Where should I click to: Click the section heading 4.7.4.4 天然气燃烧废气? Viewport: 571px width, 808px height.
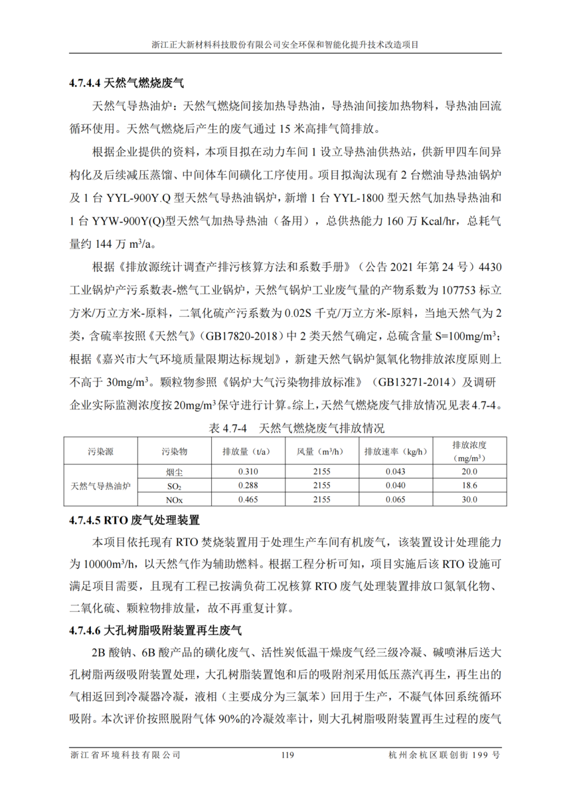(125, 84)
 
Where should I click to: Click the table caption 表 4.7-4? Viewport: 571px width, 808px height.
(285, 427)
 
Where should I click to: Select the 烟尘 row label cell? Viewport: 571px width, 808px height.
(174, 472)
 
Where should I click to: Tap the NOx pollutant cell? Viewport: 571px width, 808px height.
(174, 499)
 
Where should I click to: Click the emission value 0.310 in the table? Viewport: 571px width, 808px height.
(247, 472)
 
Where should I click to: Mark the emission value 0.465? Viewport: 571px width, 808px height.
(247, 499)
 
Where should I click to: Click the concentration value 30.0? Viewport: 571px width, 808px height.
(469, 499)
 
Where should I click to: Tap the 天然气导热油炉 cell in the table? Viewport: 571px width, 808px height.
(100, 485)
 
